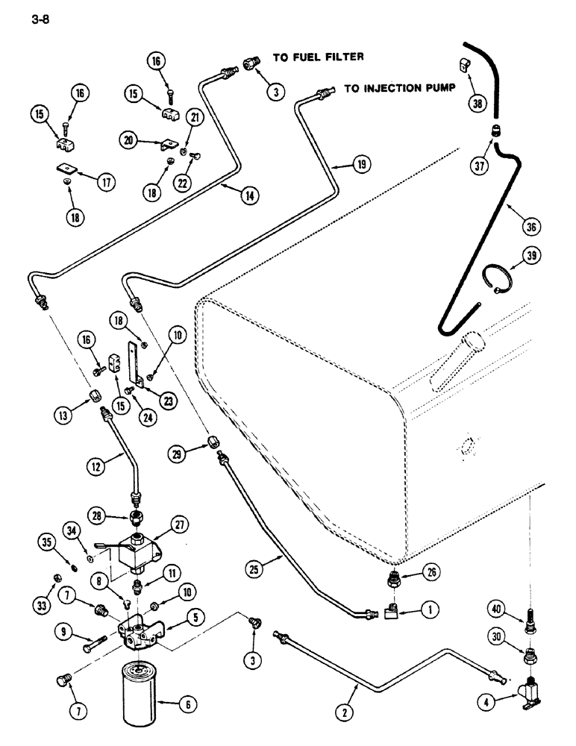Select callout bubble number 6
(180, 702)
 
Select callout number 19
(361, 165)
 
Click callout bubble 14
(248, 196)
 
